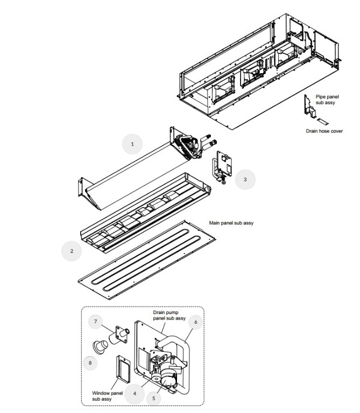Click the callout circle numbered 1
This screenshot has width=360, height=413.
click(x=132, y=144)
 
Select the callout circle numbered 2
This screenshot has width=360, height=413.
click(x=72, y=251)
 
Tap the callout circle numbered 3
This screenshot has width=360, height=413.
click(x=245, y=180)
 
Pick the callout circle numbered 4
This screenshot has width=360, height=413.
click(x=135, y=394)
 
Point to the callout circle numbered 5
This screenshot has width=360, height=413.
click(x=154, y=398)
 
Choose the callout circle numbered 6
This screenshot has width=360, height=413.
click(x=195, y=322)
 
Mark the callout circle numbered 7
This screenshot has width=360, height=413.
click(x=95, y=322)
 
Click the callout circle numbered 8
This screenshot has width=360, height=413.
click(x=90, y=363)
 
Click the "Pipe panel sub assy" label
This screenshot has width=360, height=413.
click(x=327, y=99)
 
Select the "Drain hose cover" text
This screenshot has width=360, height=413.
click(x=324, y=131)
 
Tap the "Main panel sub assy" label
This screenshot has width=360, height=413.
click(x=231, y=223)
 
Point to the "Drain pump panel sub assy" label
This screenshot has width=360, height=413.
click(x=169, y=315)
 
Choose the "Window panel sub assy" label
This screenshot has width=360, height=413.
click(x=107, y=396)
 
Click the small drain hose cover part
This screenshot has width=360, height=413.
click(x=323, y=122)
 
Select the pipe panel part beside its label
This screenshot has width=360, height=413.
click(x=309, y=106)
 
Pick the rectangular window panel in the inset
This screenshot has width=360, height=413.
click(x=123, y=369)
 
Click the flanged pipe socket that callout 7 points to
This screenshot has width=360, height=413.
click(x=119, y=335)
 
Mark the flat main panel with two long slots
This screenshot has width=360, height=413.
click(x=147, y=260)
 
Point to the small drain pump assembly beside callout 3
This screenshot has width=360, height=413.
click(x=222, y=167)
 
